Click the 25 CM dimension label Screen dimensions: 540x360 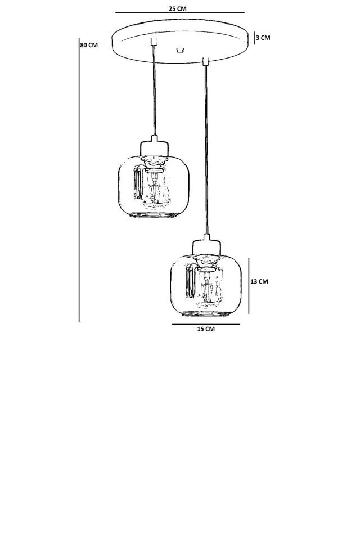[178, 8]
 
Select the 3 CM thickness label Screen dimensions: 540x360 [263, 38]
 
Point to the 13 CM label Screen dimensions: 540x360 [259, 281]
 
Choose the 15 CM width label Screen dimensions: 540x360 [205, 329]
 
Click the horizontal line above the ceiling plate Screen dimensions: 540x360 [179, 13]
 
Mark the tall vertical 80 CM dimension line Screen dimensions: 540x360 [79, 180]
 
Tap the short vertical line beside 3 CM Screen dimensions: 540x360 [254, 38]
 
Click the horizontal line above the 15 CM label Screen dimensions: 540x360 [205, 324]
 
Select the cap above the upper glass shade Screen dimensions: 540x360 [154, 147]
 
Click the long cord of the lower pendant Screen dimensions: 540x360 [206, 146]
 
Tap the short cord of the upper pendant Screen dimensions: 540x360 [154, 90]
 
